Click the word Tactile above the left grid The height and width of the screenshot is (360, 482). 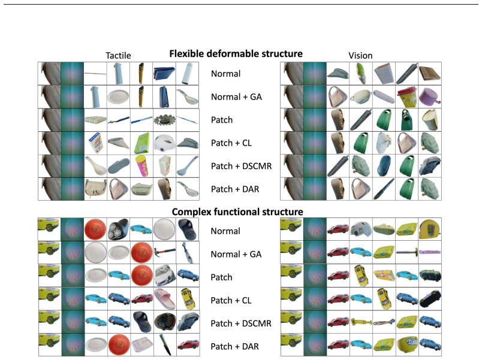click(x=118, y=56)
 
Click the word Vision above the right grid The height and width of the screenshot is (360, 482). click(x=360, y=56)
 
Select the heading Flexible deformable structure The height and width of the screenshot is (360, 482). click(x=236, y=54)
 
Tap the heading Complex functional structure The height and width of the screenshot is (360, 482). click(x=237, y=212)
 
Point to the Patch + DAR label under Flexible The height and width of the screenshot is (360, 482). click(x=235, y=189)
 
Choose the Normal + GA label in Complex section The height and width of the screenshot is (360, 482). click(x=236, y=255)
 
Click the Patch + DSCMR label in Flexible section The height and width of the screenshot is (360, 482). click(x=242, y=166)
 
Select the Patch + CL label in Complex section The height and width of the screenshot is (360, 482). click(x=231, y=301)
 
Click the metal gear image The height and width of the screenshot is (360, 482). click(x=164, y=120)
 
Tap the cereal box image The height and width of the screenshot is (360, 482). click(x=95, y=143)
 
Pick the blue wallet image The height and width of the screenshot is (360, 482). click(x=164, y=74)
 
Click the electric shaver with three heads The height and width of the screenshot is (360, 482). click(x=118, y=229)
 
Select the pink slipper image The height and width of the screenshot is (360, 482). click(x=164, y=298)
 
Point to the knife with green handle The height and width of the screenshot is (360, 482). click(x=164, y=344)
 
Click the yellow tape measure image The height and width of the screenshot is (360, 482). click(x=430, y=230)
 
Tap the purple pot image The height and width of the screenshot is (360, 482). click(x=430, y=96)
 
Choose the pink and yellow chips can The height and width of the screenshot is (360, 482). click(x=141, y=166)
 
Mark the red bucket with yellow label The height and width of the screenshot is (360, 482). click(x=406, y=97)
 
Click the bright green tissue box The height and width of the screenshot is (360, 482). click(x=141, y=143)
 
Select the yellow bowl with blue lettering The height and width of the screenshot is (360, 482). click(x=406, y=344)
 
